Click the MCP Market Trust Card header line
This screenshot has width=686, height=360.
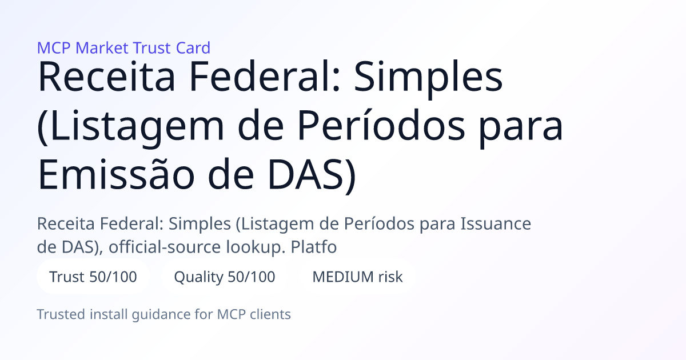click(123, 48)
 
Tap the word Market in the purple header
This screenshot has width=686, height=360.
click(102, 48)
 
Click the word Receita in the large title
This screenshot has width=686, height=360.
click(106, 77)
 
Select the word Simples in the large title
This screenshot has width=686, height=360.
click(428, 79)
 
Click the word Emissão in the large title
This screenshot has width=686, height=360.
click(115, 174)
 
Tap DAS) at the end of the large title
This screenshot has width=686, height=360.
click(312, 176)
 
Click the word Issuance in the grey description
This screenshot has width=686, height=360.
click(496, 223)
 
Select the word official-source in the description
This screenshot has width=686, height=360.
click(164, 247)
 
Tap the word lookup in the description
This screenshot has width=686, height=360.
click(256, 247)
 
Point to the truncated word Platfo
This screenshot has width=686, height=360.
click(314, 247)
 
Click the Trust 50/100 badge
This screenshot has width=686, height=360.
click(93, 277)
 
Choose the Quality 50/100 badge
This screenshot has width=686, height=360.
click(225, 277)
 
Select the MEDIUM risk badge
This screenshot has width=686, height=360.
click(357, 277)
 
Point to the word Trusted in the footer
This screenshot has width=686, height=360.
click(61, 314)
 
